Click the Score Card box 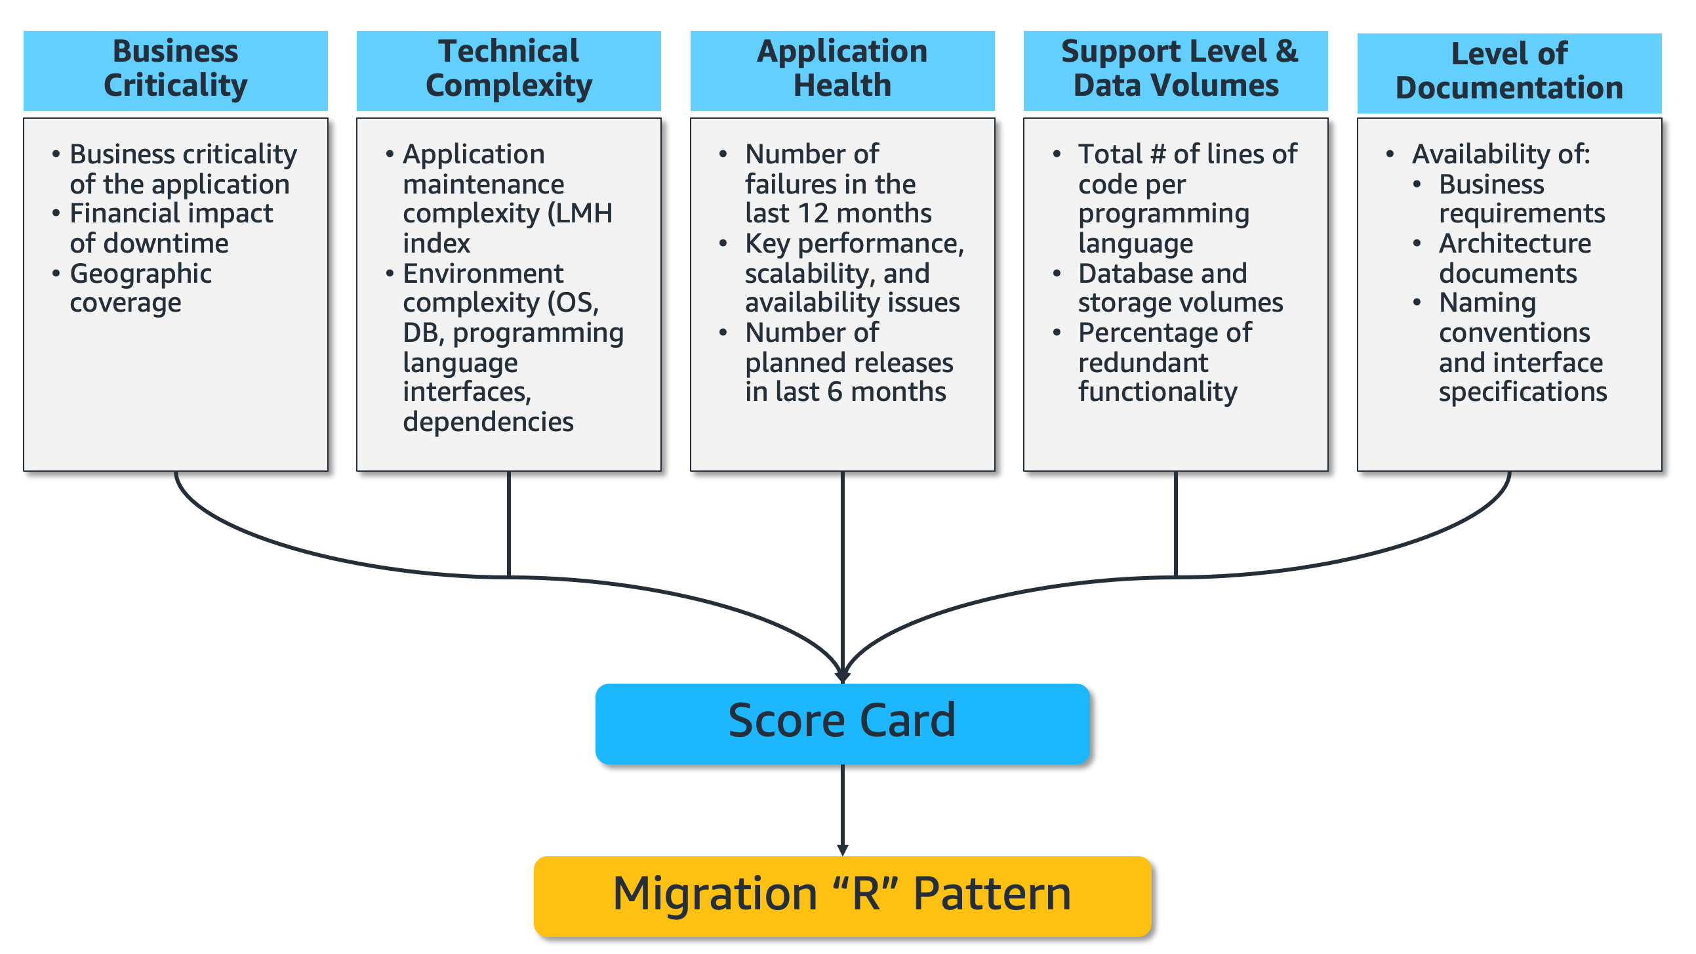(842, 724)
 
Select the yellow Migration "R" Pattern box (842, 896)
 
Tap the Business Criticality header (175, 69)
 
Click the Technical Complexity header (508, 69)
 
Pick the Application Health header (842, 69)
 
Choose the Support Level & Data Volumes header (1175, 69)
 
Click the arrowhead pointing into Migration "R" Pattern (842, 850)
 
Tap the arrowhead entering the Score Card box (842, 676)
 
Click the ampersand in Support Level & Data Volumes (1286, 51)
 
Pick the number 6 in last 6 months (834, 392)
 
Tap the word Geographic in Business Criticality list (140, 274)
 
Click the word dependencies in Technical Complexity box (488, 423)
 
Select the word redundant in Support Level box (1143, 363)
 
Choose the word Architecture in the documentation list (1514, 244)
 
